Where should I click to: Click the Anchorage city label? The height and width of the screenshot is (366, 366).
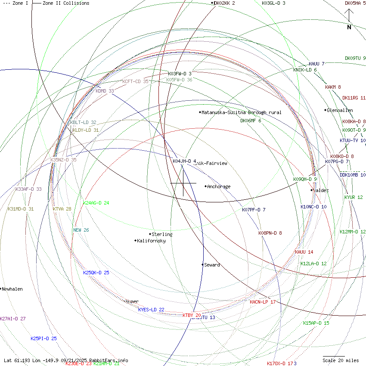[219, 187]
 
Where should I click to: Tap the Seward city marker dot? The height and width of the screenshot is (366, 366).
[202, 264]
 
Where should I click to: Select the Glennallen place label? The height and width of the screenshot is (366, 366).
[340, 110]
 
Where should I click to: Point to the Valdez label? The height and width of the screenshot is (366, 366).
[321, 190]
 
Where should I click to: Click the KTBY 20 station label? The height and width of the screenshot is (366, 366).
[192, 315]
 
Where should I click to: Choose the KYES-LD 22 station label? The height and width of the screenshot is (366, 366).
[151, 310]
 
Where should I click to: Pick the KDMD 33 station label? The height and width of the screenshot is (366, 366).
[105, 91]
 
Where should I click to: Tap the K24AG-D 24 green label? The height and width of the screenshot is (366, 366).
[96, 203]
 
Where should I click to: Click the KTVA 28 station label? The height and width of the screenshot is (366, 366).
[62, 209]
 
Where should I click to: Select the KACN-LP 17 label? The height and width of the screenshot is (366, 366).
[263, 302]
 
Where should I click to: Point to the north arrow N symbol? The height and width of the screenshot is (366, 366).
[349, 27]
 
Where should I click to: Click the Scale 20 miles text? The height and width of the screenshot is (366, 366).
[341, 360]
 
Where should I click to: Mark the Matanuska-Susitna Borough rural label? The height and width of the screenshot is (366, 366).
[242, 112]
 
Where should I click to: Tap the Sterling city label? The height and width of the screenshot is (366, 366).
[162, 234]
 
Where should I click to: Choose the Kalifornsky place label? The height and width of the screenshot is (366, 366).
[151, 241]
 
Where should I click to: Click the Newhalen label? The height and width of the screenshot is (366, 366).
[12, 289]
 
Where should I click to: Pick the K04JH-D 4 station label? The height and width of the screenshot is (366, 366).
[184, 161]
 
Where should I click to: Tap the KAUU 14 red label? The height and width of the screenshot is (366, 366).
[304, 252]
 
